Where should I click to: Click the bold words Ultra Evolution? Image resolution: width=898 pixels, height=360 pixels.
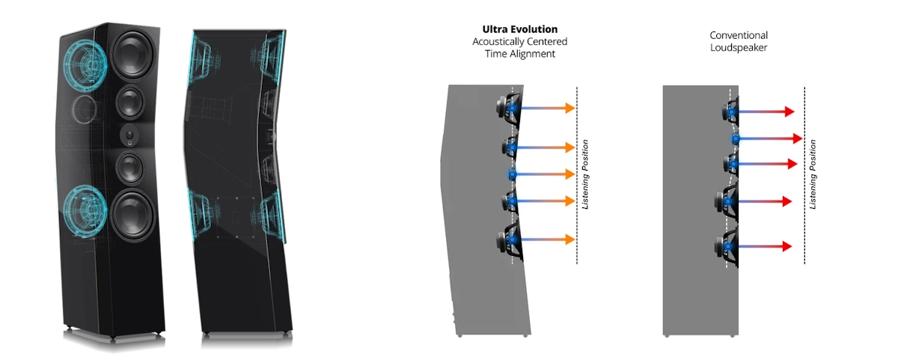click(519, 29)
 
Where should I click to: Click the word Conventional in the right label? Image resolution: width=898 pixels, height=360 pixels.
click(739, 35)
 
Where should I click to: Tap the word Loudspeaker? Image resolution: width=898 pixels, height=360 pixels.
click(739, 48)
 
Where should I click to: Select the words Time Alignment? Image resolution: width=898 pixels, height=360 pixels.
click(519, 54)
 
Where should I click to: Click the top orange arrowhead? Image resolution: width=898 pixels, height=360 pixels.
click(570, 108)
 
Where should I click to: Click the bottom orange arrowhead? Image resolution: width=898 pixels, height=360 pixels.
click(570, 240)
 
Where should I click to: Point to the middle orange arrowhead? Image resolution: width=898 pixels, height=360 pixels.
click(570, 174)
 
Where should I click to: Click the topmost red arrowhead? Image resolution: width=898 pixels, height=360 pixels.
click(789, 112)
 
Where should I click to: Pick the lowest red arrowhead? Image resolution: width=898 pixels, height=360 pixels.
click(787, 246)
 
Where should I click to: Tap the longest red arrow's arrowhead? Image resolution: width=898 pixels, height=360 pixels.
click(798, 138)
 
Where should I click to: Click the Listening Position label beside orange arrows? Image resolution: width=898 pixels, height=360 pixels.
click(585, 174)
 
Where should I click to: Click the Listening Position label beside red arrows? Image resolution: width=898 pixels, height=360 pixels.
click(813, 174)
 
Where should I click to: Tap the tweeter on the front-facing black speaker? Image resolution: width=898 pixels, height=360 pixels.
click(129, 136)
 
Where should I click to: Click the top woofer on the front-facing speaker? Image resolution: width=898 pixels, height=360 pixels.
click(132, 53)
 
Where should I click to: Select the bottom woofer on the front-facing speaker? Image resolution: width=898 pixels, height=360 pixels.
click(132, 216)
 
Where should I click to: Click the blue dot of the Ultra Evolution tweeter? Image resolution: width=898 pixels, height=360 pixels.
click(513, 174)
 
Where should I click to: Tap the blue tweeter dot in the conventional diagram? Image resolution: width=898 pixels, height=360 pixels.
click(736, 139)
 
